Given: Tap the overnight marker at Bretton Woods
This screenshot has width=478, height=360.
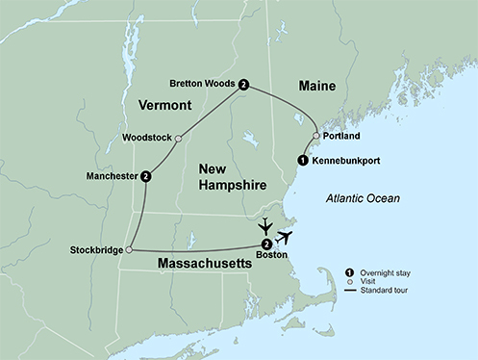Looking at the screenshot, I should [x=244, y=85].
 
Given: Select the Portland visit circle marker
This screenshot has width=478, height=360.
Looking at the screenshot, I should [x=316, y=136].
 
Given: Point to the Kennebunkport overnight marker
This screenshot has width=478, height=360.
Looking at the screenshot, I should [x=303, y=160].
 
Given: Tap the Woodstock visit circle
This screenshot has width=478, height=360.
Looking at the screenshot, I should [x=179, y=138].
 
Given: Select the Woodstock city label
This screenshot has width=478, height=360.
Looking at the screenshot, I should [x=148, y=138].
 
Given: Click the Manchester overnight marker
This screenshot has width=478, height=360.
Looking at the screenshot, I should [x=145, y=176].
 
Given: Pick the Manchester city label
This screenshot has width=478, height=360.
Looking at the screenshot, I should [x=111, y=177].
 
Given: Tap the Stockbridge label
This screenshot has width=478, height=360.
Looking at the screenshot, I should [x=95, y=251].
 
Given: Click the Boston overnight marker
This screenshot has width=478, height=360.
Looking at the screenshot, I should [x=266, y=244].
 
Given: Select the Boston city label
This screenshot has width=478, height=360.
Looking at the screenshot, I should [x=266, y=255].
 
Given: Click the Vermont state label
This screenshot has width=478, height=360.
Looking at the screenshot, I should [x=164, y=104].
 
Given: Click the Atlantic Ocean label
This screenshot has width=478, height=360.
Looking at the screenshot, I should [x=363, y=198].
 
